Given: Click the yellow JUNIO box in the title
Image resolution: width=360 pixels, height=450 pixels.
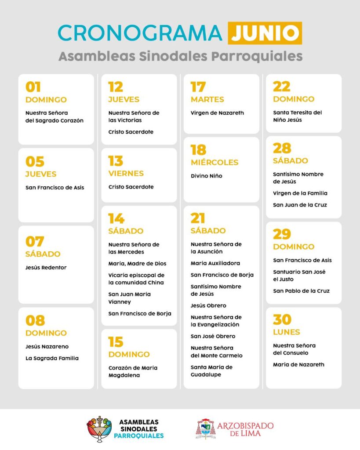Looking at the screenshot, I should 265,33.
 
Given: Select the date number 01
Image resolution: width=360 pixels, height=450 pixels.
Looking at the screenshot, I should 33,87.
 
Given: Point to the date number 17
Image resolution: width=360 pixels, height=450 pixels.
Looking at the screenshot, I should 198,87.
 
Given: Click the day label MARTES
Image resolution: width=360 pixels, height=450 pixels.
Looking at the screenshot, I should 207,99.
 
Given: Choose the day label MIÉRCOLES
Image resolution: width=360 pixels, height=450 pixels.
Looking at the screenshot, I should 214,162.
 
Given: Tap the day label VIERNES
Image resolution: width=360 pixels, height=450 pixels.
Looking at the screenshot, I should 126,173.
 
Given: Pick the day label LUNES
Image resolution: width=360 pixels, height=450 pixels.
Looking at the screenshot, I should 286,332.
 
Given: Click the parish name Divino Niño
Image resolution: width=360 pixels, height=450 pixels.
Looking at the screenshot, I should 206,176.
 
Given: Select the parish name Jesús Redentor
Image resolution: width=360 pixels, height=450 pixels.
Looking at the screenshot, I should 46,267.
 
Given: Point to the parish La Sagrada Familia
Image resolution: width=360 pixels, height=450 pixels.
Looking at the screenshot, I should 52,358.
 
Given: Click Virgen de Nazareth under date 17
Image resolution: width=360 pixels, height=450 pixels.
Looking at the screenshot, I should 217,113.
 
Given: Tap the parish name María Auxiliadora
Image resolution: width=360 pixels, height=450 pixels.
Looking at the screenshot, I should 215,263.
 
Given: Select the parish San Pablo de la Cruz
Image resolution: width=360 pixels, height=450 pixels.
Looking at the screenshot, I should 301,291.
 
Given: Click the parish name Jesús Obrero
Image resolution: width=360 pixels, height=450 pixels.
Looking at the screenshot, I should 208,305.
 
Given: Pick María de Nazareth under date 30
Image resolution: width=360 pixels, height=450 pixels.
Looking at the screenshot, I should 298,364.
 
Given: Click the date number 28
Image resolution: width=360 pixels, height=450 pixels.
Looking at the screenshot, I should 282,148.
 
